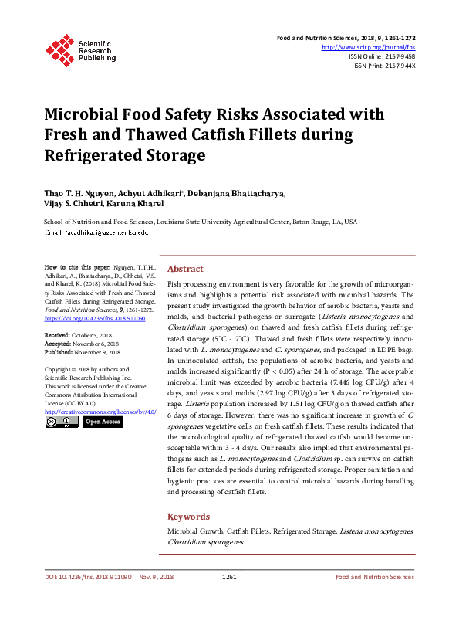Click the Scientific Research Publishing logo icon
(60, 48)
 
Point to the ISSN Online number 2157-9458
(399, 56)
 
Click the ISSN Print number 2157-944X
(399, 66)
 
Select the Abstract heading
(185, 269)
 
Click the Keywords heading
(188, 517)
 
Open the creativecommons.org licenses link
(101, 412)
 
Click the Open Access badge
(102, 422)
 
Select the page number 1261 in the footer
(229, 599)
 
